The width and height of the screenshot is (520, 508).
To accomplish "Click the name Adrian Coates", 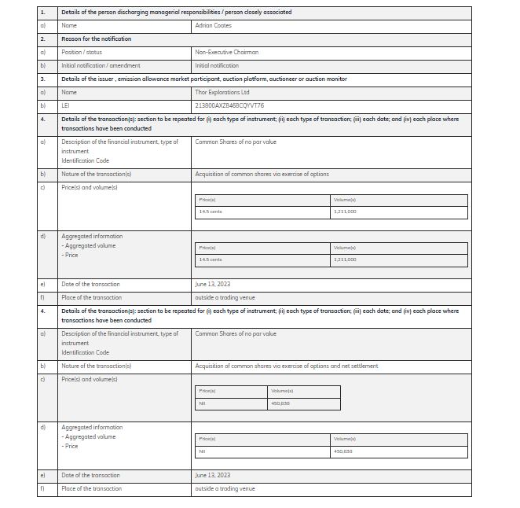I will pos(213,25).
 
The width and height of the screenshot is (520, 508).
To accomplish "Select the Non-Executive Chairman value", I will pos(226,52).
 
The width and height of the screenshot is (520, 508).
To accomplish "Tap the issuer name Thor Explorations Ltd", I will pos(222,92).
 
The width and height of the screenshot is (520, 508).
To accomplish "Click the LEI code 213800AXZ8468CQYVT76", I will pos(229,105).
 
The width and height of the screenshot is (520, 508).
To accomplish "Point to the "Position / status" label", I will pos(81,52).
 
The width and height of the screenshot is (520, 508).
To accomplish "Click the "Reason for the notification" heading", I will pos(96,39).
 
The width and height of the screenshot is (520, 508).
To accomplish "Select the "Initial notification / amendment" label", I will pos(101,65).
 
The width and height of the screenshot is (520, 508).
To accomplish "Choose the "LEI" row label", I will pos(66,105).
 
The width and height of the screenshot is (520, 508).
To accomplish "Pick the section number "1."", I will pos(42,12).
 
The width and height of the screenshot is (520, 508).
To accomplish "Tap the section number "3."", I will pos(42,79).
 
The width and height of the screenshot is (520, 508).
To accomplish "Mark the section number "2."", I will pos(42,39).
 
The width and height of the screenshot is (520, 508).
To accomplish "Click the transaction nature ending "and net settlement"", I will pos(286,366).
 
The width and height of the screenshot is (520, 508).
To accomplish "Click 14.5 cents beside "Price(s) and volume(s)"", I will pos(211,212).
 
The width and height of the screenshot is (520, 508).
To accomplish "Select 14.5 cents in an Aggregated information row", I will pos(211,260).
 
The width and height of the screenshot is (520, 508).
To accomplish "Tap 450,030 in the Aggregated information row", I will pos(343,451).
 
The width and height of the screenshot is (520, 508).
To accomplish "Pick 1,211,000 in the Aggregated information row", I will pos(345,260).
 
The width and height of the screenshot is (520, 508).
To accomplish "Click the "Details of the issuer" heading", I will pos(203,79).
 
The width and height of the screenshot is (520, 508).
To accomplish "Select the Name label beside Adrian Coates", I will pos(69,25).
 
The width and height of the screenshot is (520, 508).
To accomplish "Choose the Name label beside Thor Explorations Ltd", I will pos(69,92).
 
